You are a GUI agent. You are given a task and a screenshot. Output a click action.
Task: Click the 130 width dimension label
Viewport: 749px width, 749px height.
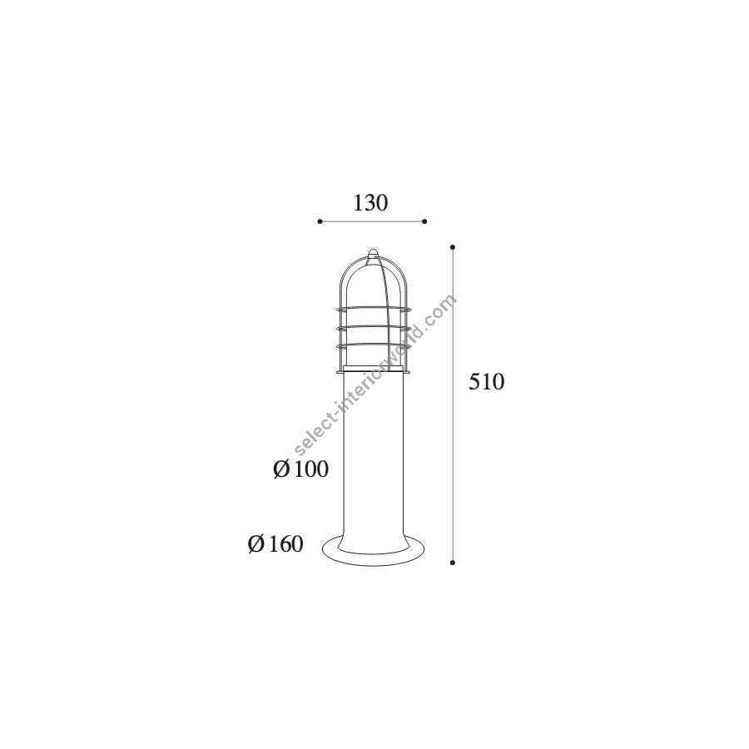pyautogui.click(x=370, y=203)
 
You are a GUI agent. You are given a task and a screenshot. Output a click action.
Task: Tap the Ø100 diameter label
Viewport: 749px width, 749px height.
pyautogui.click(x=301, y=469)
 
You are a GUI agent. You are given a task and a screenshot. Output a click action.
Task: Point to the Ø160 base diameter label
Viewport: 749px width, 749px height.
pyautogui.click(x=275, y=544)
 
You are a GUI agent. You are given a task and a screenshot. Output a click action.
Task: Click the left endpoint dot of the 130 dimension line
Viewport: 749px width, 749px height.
pyautogui.click(x=320, y=221)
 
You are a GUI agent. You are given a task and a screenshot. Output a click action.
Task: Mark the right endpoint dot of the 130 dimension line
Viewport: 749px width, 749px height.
pyautogui.click(x=424, y=221)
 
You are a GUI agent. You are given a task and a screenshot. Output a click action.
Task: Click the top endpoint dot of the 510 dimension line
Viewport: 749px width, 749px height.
pyautogui.click(x=453, y=247)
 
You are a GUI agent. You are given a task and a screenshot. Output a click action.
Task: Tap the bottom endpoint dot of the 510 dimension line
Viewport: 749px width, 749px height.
pyautogui.click(x=453, y=563)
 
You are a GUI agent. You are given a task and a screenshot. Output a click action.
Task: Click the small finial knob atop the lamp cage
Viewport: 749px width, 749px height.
pyautogui.click(x=373, y=254)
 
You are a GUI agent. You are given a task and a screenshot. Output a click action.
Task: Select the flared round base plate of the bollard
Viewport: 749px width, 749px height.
pyautogui.click(x=373, y=553)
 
